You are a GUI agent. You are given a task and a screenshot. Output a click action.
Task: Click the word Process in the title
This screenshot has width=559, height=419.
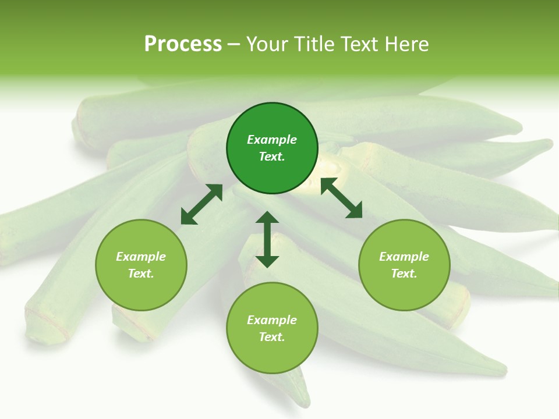pos(183,44)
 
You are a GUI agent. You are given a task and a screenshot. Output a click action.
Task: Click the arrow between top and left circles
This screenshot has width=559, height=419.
pos(201,204)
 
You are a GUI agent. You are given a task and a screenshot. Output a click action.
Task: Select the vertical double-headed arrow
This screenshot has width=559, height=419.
pos(267,239)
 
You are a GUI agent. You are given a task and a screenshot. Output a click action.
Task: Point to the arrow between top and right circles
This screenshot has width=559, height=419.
pos(341,198)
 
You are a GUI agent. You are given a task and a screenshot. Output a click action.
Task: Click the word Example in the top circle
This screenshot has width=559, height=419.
pos(272,140)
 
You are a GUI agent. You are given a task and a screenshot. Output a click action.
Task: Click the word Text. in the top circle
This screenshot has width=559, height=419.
pos(272,157)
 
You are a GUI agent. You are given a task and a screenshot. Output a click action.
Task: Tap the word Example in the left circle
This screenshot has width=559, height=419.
pos(141,257)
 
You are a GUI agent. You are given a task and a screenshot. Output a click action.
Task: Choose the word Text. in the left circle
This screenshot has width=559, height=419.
pos(141,274)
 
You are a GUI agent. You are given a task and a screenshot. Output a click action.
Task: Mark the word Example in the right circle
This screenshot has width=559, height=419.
pos(404,257)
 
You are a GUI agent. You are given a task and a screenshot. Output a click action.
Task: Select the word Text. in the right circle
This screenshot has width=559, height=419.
pos(404,274)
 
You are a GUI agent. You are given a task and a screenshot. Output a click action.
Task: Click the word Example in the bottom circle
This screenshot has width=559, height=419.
pos(272,320)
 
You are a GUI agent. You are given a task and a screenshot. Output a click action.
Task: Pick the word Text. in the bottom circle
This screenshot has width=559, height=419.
pos(272,337)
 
